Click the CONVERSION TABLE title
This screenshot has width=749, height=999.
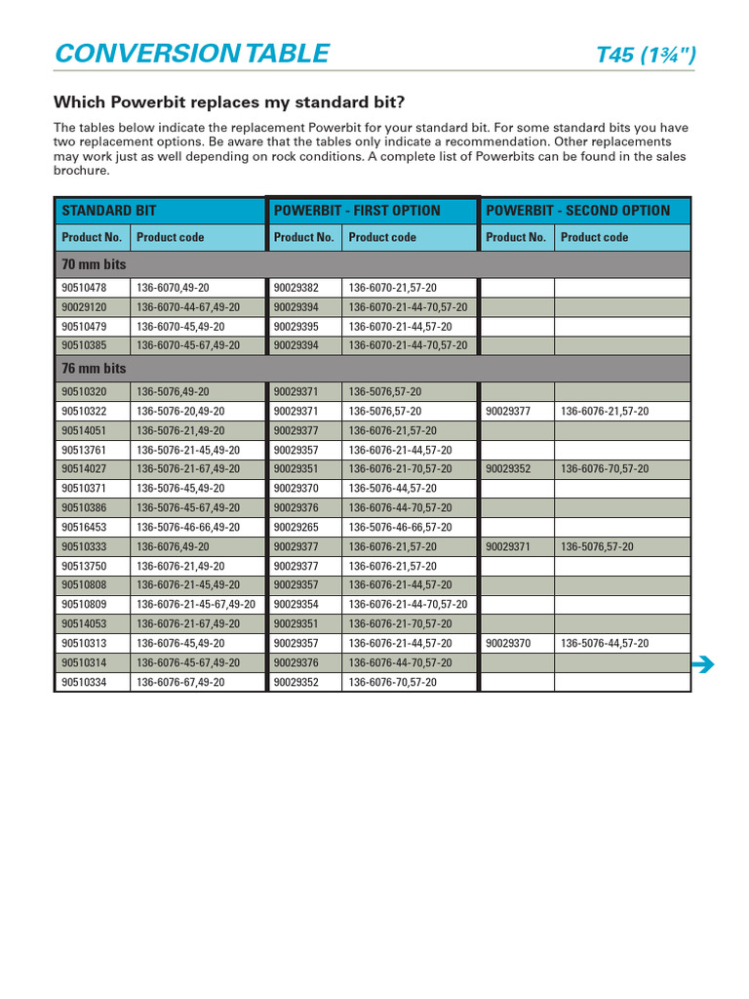point(192,54)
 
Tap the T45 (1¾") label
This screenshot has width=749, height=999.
point(645,56)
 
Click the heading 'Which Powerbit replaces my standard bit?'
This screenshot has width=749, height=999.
point(228,102)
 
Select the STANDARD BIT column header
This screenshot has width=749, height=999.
point(109,211)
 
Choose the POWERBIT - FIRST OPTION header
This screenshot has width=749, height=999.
point(357,211)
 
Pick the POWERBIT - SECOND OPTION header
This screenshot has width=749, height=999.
point(577,211)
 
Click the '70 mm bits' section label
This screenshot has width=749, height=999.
point(94,264)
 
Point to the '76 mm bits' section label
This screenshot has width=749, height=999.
point(94,369)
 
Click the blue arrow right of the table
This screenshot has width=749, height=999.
point(702,665)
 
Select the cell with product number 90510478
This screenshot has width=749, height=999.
point(84,288)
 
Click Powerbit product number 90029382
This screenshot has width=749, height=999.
point(296,288)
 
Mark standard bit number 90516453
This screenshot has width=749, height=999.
point(84,527)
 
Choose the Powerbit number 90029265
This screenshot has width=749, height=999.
point(296,527)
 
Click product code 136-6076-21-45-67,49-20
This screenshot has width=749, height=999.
point(196,605)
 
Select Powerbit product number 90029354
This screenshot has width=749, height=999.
point(296,605)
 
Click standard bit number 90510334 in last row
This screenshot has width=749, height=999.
point(84,683)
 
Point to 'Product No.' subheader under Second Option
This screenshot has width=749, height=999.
point(516,237)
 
